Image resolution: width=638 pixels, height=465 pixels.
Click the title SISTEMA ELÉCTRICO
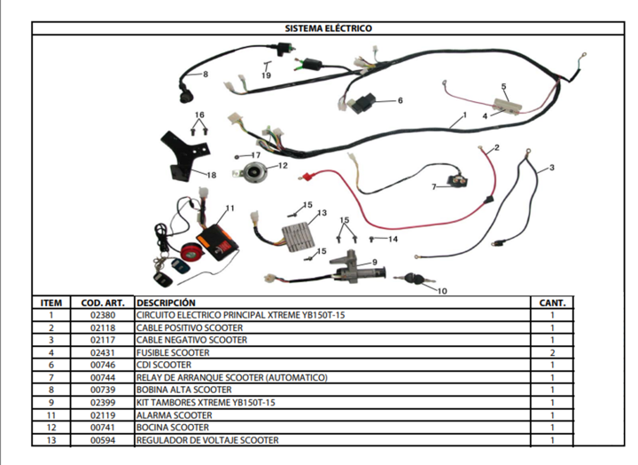click(x=328, y=28)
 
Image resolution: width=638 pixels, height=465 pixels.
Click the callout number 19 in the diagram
click(x=266, y=75)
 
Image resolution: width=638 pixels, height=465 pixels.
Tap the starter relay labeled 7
click(x=457, y=180)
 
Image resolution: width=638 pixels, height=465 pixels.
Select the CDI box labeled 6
click(x=363, y=103)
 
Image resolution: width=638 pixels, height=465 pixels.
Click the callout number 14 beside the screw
click(x=393, y=240)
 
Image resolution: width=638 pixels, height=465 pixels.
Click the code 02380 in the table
click(x=103, y=315)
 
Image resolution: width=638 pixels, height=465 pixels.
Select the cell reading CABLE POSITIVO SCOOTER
click(x=190, y=327)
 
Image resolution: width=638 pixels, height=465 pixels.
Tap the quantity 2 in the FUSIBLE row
click(x=552, y=352)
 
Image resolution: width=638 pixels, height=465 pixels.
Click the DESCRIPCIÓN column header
click(x=166, y=303)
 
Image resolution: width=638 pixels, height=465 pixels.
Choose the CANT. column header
click(x=552, y=303)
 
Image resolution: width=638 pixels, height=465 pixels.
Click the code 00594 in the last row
click(x=103, y=440)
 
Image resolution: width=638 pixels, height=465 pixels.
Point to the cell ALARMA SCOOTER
click(x=175, y=415)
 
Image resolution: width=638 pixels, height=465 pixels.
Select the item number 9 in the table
click(x=51, y=403)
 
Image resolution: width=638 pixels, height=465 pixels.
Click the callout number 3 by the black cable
click(x=551, y=168)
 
